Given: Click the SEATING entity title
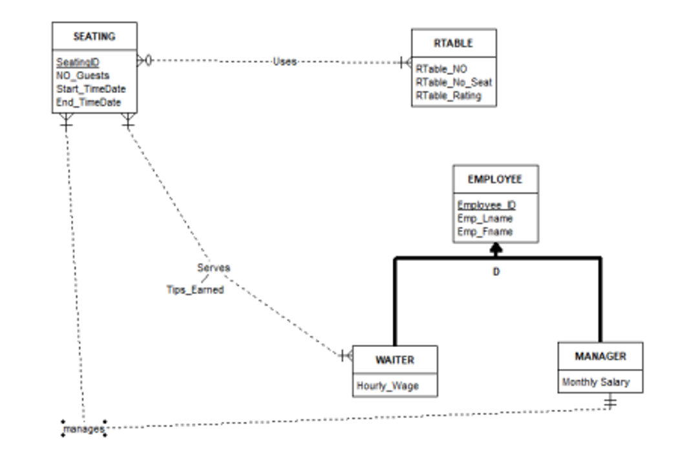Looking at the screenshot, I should [x=94, y=36].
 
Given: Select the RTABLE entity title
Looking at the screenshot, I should [x=453, y=43].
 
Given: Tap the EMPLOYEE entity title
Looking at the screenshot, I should [x=495, y=180].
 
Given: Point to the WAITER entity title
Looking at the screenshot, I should [x=394, y=360].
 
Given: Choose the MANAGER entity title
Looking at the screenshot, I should [x=600, y=356].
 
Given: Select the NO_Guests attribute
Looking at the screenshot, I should [x=83, y=76].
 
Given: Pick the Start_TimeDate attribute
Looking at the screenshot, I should [x=91, y=89].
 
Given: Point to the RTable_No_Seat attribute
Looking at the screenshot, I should [x=454, y=82].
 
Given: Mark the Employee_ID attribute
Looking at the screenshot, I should [x=486, y=205].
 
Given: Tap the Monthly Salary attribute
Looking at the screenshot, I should [x=595, y=382].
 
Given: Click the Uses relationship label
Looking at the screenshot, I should [x=284, y=61].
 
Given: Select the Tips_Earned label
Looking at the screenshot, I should [x=195, y=290].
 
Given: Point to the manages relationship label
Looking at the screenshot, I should [x=84, y=428].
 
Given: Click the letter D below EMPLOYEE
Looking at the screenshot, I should [x=496, y=272].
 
